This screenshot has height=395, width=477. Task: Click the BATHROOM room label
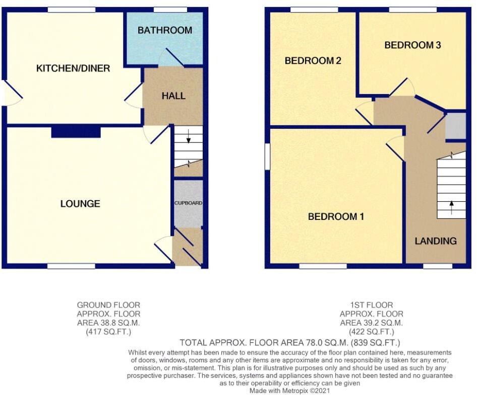click(x=165, y=30)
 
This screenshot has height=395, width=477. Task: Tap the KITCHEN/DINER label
click(x=73, y=68)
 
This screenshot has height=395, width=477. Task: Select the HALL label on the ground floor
click(x=173, y=96)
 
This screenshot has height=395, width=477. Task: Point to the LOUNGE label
click(x=80, y=204)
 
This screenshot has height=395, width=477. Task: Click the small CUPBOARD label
click(x=189, y=203)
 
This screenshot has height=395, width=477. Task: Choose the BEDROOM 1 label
click(x=336, y=217)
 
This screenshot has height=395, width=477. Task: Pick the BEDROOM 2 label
click(x=313, y=61)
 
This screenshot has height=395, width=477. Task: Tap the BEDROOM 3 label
click(x=412, y=45)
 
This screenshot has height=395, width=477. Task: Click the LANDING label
click(x=436, y=241)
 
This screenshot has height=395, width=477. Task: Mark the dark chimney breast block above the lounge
click(x=76, y=132)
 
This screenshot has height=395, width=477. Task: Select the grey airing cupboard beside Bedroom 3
click(x=455, y=126)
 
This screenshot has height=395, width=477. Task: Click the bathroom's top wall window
click(x=170, y=10)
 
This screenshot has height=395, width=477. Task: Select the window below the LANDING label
click(x=437, y=266)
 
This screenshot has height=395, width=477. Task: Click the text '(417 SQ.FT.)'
click(x=108, y=332)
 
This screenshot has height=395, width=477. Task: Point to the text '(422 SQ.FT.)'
click(x=371, y=332)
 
